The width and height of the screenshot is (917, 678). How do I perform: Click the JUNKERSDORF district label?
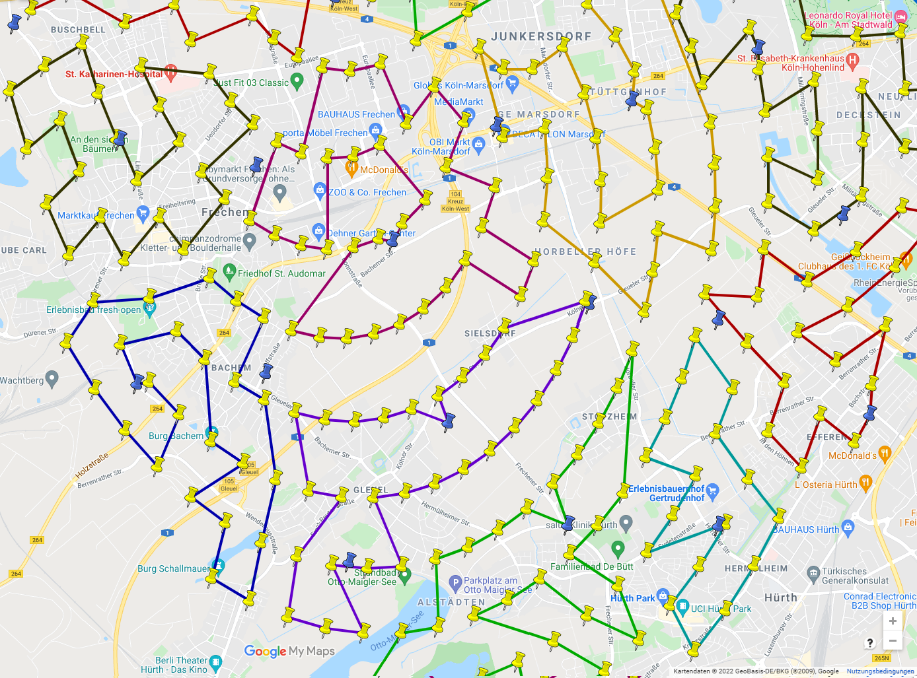(541, 36)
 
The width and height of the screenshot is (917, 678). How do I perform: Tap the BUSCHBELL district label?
(78, 30)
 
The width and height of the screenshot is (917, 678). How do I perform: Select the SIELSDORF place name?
(490, 333)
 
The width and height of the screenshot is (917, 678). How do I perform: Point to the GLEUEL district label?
(371, 490)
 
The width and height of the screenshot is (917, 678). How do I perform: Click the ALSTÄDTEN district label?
(451, 602)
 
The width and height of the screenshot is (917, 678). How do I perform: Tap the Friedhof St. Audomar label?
(281, 273)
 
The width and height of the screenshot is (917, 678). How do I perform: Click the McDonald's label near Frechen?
(384, 170)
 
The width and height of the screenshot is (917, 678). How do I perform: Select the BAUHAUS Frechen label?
(356, 114)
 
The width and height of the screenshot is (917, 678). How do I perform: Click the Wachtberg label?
(22, 380)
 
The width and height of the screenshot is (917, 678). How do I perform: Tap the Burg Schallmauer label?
(174, 568)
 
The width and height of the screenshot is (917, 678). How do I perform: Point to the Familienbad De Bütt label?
(591, 566)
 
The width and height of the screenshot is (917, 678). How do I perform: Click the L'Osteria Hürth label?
(825, 485)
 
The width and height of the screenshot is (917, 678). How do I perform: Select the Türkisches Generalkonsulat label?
(855, 576)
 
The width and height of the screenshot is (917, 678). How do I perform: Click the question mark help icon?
(870, 642)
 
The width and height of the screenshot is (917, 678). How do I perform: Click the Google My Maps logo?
(289, 651)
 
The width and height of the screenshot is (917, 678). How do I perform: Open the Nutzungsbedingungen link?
(880, 671)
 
